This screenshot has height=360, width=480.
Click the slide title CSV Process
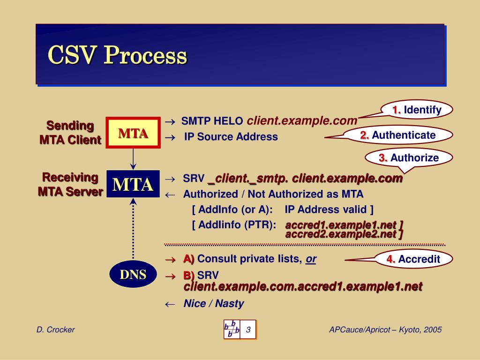click(117, 56)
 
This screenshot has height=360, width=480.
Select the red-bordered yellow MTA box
click(133, 133)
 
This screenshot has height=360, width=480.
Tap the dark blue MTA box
click(133, 184)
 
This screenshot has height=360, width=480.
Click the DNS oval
click(133, 274)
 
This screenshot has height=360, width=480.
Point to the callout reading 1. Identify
click(417, 110)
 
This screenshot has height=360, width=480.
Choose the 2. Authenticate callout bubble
click(398, 135)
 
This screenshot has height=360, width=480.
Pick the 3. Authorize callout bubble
click(409, 158)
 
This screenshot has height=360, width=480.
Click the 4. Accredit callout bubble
click(413, 259)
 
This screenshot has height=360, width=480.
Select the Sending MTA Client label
click(70, 133)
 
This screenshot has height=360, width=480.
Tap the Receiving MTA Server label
click(70, 184)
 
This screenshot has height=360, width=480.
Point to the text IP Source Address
click(231, 137)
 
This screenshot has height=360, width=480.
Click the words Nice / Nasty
click(214, 304)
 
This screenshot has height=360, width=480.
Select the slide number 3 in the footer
click(248, 330)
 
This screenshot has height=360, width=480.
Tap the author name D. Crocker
click(56, 330)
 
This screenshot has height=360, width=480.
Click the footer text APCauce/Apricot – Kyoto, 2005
click(385, 330)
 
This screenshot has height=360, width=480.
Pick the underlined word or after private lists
click(311, 259)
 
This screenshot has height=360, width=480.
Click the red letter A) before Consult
click(188, 259)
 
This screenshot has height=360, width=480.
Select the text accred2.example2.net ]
click(344, 234)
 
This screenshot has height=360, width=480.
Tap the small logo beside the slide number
click(232, 330)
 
